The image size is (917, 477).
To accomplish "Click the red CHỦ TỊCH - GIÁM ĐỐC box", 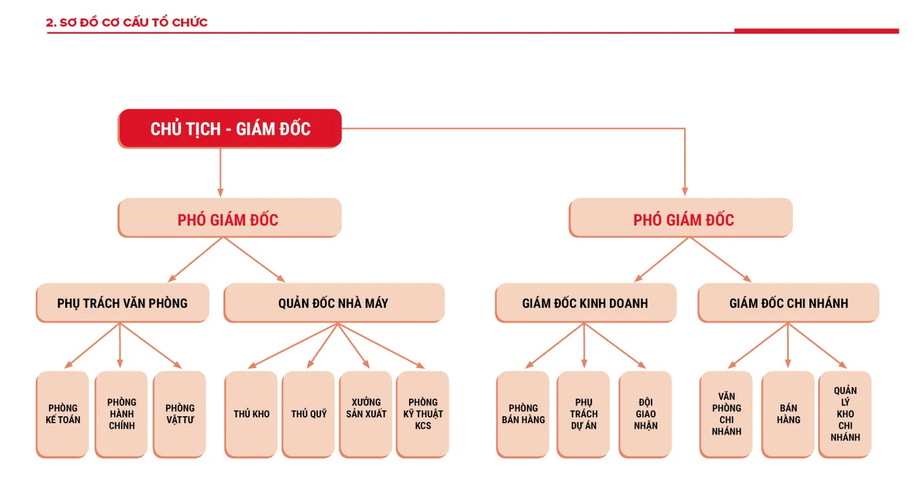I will (230, 129).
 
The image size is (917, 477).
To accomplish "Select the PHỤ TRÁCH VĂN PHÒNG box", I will (122, 303).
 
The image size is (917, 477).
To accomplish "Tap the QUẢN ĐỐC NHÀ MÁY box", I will (334, 303).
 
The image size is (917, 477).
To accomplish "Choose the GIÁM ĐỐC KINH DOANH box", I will (585, 303).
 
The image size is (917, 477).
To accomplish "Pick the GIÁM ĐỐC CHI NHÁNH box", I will (788, 303).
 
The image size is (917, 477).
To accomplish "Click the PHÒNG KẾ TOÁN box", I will (63, 414).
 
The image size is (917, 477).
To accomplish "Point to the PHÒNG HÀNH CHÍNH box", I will (122, 414).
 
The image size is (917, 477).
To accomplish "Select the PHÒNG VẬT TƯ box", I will (180, 414).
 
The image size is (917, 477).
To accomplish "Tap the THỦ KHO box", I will (251, 414).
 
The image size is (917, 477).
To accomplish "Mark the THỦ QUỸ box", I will (308, 414).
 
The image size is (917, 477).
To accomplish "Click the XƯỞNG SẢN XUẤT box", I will (366, 414).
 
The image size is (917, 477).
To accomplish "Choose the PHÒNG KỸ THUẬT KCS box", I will (423, 414).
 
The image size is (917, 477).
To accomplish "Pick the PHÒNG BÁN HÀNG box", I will (523, 414).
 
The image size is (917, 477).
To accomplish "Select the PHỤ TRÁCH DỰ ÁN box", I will (583, 414).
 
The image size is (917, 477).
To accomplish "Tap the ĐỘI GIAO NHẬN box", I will (645, 414).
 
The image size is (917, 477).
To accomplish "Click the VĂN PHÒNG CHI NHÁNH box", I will (726, 414).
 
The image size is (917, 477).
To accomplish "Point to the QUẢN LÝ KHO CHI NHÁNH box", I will (845, 414).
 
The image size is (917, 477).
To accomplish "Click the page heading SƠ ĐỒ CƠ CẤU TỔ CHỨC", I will (127, 23).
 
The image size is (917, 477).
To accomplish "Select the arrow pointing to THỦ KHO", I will (291, 346).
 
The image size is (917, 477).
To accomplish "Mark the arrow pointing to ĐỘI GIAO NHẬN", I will (615, 346).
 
